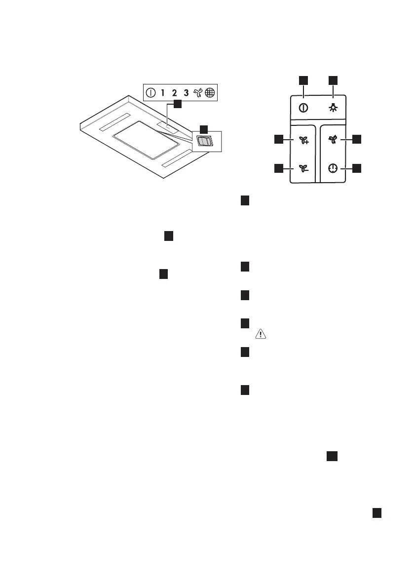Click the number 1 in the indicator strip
click(x=162, y=92)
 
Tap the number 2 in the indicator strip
click(x=174, y=92)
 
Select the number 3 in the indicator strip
click(x=186, y=92)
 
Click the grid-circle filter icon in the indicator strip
click(x=210, y=92)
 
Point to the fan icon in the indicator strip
click(x=198, y=92)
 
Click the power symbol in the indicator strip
click(x=151, y=92)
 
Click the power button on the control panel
click(x=303, y=108)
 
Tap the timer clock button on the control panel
click(x=334, y=168)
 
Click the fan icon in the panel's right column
click(x=334, y=140)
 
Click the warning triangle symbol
click(x=259, y=334)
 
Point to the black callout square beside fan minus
click(x=278, y=168)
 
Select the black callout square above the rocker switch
click(x=203, y=127)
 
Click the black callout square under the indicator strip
click(x=177, y=105)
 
